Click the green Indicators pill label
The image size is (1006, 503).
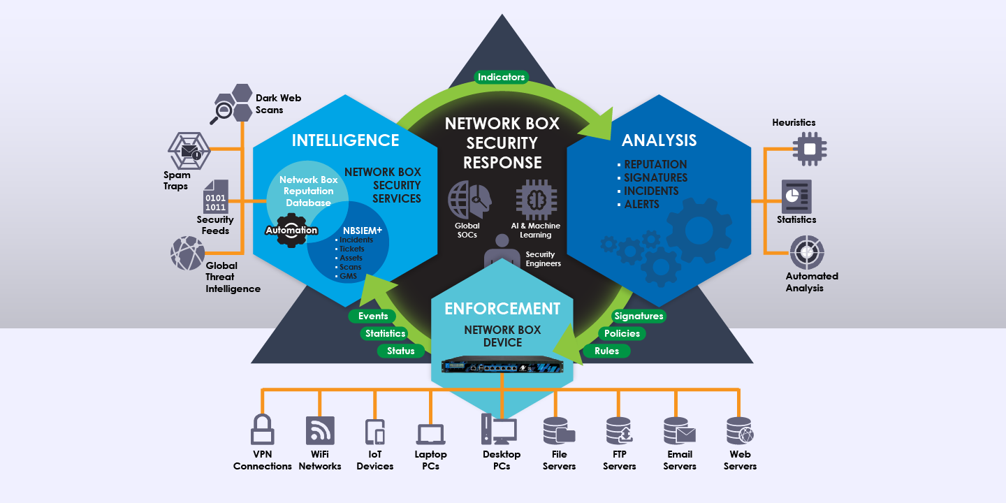501,77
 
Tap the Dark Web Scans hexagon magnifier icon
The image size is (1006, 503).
232,103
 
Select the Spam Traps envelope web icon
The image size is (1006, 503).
189,150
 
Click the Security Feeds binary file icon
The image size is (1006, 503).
216,197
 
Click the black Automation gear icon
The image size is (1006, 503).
291,231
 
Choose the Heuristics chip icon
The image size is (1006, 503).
809,149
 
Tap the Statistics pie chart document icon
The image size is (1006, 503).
796,197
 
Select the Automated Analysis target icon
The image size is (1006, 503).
807,252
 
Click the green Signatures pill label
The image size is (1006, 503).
639,316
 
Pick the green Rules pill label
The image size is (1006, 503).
606,351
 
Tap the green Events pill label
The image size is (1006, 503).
372,316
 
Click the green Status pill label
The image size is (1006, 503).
400,351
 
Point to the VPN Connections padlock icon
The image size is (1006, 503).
262,430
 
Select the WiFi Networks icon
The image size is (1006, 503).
320,430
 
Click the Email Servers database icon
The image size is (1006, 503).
679,430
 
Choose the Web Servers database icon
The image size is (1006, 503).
740,430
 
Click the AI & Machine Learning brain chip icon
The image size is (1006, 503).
537,200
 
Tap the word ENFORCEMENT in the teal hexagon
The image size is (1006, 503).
502,309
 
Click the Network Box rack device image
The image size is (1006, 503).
502,364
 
